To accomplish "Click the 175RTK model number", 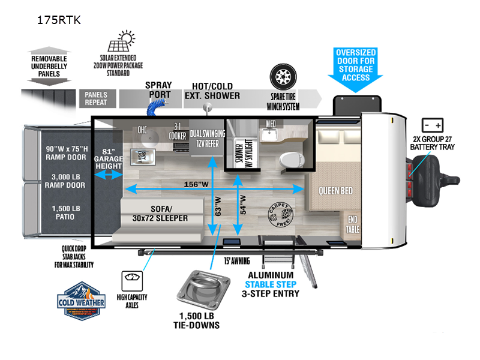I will tap(58, 20).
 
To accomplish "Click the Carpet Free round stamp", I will tap(280, 215).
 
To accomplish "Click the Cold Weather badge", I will tap(82, 298).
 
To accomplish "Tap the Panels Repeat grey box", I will tap(96, 98).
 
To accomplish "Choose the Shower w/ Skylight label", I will tap(236, 146).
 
